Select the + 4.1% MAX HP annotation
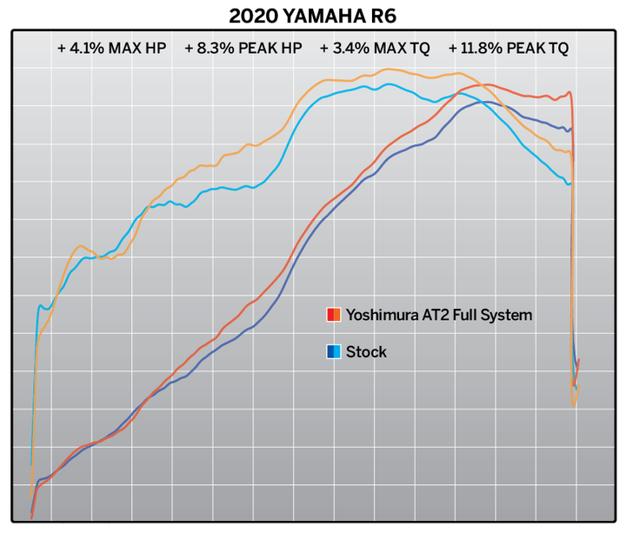click(111, 49)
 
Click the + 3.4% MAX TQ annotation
click(375, 49)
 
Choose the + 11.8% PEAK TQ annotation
click(509, 49)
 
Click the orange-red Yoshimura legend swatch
click(332, 315)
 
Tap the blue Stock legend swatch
click(332, 352)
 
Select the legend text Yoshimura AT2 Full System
click(438, 315)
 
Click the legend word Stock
click(366, 352)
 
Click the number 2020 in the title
click(250, 16)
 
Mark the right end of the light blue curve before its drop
click(569, 183)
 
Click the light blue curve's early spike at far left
click(39, 306)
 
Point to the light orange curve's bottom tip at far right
click(574, 405)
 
